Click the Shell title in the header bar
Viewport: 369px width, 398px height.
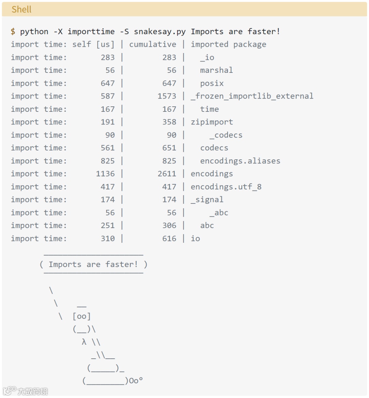click(21, 9)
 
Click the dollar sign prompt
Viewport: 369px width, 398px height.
click(13, 32)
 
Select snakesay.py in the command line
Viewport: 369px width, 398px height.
click(160, 32)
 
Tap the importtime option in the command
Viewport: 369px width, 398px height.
click(91, 32)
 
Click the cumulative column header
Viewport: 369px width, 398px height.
click(153, 44)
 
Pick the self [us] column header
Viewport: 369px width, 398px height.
click(93, 44)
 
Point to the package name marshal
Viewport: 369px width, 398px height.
click(216, 70)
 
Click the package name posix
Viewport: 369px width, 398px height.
click(212, 83)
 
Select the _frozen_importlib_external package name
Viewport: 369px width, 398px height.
click(252, 96)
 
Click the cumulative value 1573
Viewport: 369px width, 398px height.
click(167, 96)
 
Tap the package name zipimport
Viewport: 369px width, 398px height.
click(212, 122)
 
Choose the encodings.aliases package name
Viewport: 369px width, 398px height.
click(240, 161)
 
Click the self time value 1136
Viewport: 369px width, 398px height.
click(105, 174)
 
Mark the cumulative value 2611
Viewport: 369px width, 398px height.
click(167, 174)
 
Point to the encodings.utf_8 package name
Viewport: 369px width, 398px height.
click(226, 187)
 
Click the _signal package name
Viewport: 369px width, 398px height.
click(207, 200)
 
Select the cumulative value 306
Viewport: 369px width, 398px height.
click(169, 226)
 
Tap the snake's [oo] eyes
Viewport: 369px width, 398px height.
click(82, 316)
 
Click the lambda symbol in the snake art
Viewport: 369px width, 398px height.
click(84, 342)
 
